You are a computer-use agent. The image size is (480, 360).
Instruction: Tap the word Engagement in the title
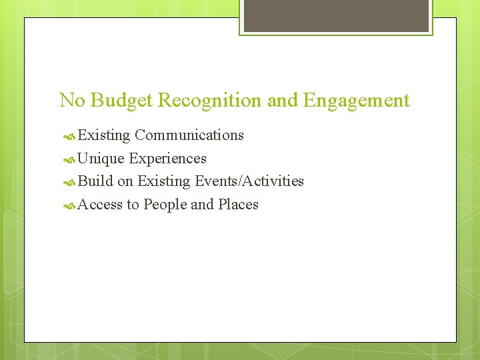pos(356,101)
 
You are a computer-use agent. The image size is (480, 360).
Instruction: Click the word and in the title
pos(283,101)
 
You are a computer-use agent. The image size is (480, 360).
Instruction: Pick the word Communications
pos(189,135)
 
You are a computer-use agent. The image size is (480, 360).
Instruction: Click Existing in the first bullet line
pos(104,135)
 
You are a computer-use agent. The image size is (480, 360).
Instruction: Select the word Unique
pos(101,159)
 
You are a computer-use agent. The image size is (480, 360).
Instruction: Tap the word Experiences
pos(168,159)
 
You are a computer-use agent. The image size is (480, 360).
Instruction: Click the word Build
pos(95,181)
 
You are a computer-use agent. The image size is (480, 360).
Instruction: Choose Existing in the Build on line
pos(163,181)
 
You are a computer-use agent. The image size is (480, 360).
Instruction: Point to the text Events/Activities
pos(249,181)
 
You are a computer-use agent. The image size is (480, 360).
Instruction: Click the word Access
pos(100,205)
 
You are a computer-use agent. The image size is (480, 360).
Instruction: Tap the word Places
pos(238,205)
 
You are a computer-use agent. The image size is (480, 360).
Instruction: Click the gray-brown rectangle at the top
pos(336,15)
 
